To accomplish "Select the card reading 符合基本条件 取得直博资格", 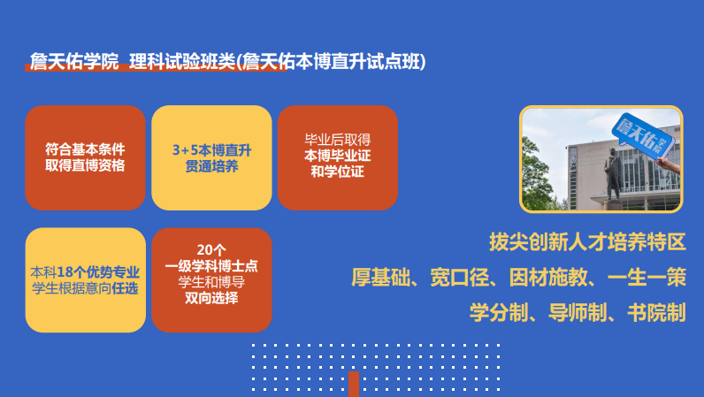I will (x=85, y=157).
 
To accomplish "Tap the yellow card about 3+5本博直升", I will (x=211, y=157).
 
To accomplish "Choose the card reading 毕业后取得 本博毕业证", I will (x=337, y=157).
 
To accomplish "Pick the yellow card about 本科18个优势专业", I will (x=85, y=279).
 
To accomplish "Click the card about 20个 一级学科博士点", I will (x=211, y=279).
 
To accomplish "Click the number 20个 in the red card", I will (x=211, y=249).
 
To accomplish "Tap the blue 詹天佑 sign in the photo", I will (x=644, y=134).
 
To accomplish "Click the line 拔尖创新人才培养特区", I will (x=587, y=242).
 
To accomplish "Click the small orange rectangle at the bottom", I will (x=353, y=384).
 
